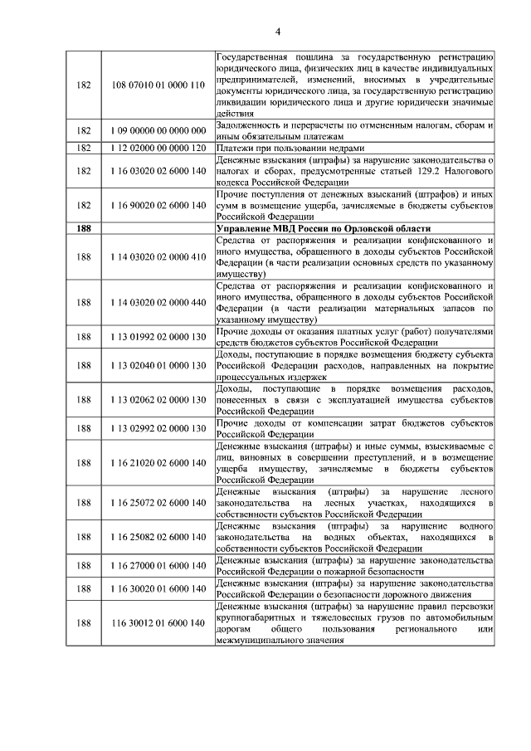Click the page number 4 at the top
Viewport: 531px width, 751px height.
tap(279, 32)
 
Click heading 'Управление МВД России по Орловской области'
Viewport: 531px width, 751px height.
tap(323, 227)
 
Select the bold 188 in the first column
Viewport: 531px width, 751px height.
tap(83, 227)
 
